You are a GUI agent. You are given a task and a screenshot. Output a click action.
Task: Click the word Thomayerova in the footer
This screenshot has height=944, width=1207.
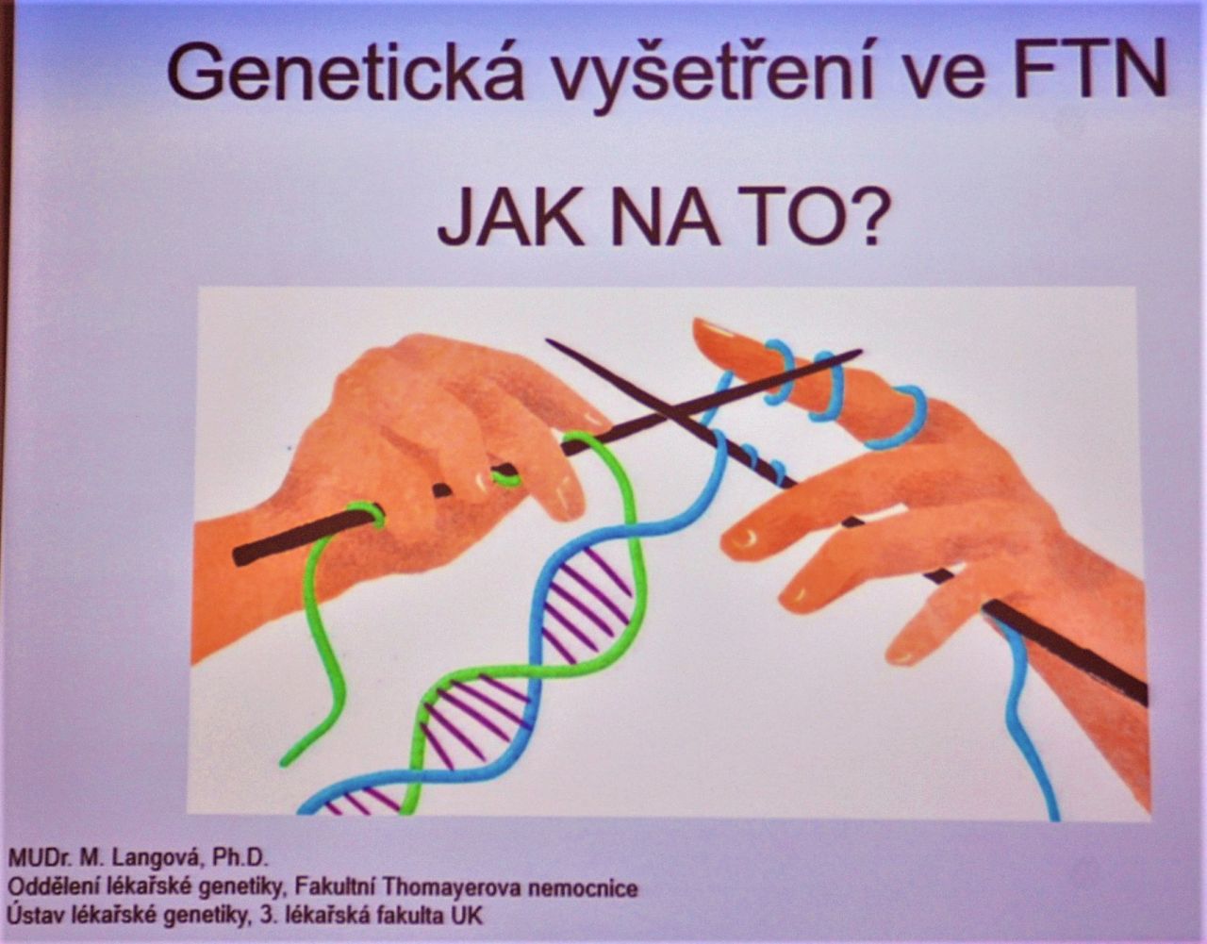tap(452, 887)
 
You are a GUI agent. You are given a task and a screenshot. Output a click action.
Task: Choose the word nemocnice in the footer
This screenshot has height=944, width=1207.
tap(583, 889)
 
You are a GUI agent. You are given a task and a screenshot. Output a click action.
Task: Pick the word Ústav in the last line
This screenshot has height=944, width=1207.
tap(36, 914)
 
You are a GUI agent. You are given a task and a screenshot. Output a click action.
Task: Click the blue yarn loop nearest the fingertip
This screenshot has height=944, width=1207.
tap(777, 371)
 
